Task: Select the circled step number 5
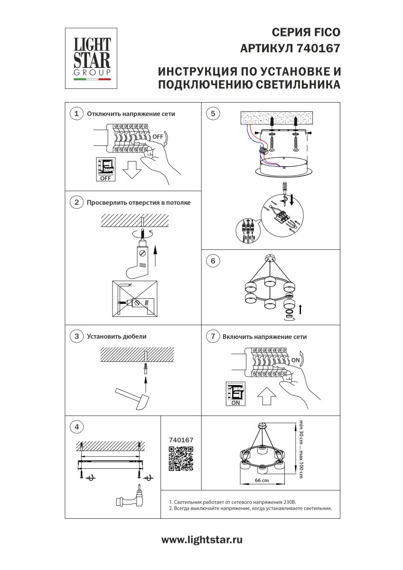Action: (x=212, y=114)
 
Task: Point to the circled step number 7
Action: (x=212, y=336)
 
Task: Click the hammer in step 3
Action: (x=132, y=397)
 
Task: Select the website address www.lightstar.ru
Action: (x=202, y=540)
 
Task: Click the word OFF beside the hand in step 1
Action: (x=158, y=136)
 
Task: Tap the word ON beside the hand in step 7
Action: (x=295, y=360)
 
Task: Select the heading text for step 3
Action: (x=117, y=336)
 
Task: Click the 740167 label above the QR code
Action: (x=181, y=440)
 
